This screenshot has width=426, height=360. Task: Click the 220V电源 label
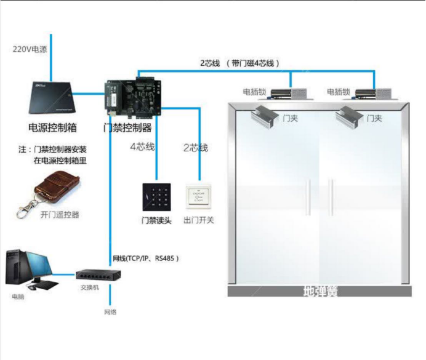[30, 49]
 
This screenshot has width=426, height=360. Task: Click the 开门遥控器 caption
[59, 215]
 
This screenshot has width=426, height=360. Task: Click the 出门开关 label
[199, 220]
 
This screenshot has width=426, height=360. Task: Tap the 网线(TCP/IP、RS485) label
[145, 258]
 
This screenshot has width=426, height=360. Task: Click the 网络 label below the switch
[110, 312]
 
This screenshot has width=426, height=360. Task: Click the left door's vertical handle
[307, 198]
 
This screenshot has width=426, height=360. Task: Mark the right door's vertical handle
[331, 198]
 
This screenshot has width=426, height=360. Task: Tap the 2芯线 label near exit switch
[195, 148]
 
